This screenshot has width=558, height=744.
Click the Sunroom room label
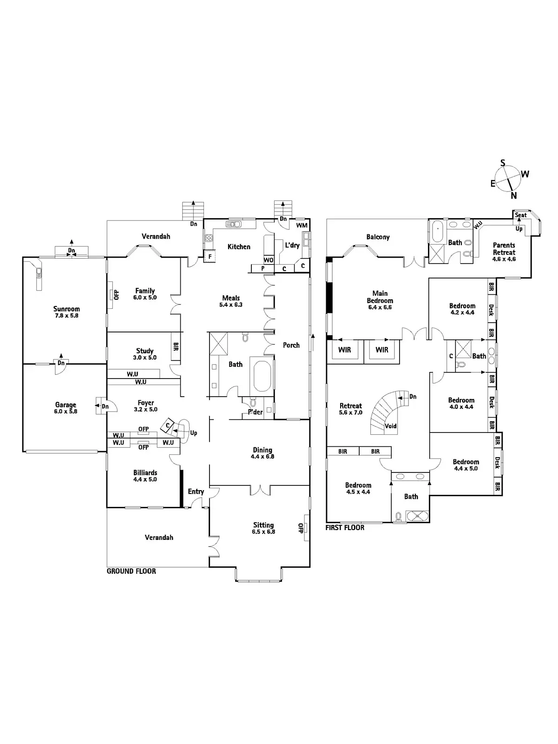click(66, 309)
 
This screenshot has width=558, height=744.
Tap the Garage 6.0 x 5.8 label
click(66, 408)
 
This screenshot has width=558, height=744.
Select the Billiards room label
click(145, 473)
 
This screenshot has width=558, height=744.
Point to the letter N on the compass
click(513, 196)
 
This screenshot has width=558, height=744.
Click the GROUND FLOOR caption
click(131, 571)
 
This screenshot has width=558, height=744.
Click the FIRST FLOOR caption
click(345, 528)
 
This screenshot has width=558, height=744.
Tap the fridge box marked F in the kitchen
click(210, 256)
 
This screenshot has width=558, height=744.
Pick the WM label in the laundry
click(302, 226)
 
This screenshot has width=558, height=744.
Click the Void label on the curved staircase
click(391, 426)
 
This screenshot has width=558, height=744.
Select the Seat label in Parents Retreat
click(521, 215)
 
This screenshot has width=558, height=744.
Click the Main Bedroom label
click(380, 297)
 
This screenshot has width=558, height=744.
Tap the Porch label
click(291, 345)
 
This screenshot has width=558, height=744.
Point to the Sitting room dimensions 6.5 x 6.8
click(263, 531)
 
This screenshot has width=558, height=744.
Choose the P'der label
click(255, 412)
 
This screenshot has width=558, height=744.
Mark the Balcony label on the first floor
click(378, 237)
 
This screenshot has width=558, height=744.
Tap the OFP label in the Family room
click(116, 294)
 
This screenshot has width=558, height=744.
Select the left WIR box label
click(344, 350)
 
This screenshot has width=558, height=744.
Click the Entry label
click(196, 492)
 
